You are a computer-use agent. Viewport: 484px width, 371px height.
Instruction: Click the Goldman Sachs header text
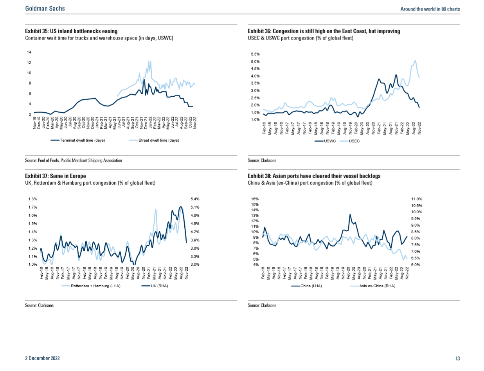(x=45, y=9)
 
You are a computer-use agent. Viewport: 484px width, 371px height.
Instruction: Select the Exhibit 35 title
(x=71, y=31)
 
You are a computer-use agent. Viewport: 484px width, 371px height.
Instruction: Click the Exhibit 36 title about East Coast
(x=324, y=31)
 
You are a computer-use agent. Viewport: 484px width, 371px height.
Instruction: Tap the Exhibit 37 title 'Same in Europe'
(x=55, y=176)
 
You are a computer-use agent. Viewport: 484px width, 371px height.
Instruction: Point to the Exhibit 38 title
(x=314, y=176)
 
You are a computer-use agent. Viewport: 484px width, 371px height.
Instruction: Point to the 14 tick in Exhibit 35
(x=29, y=52)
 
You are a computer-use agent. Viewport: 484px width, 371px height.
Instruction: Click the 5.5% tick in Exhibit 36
(x=255, y=54)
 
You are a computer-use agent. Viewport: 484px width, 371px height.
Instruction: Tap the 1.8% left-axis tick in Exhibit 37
(x=32, y=199)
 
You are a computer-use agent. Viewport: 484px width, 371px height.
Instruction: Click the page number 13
(x=457, y=358)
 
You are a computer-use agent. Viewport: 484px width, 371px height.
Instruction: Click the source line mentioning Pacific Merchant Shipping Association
(x=74, y=160)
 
